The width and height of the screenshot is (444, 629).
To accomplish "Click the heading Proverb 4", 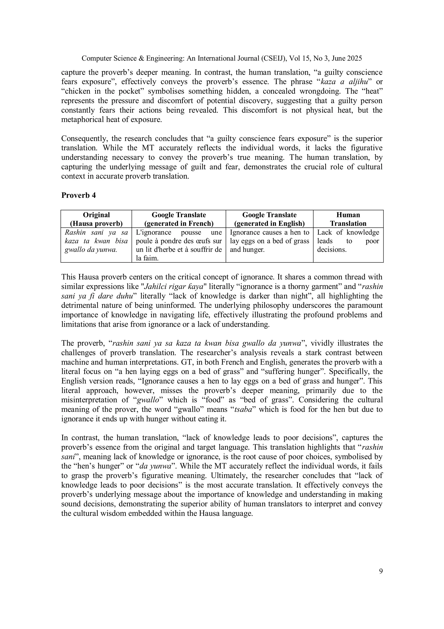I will point(78,195).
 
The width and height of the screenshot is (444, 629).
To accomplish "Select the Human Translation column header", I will point(348,219).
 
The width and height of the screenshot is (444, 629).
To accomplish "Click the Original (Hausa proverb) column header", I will point(96,219).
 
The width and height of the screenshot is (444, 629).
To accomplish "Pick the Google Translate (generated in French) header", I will point(179,219).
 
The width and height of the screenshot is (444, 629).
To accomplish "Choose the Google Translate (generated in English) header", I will point(269,219).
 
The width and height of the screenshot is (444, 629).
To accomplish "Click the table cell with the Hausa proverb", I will point(96,241).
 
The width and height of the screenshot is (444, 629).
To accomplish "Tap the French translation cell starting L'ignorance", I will point(179,245).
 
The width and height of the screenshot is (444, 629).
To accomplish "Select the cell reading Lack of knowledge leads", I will point(348,241).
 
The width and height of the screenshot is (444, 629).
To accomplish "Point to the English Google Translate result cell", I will point(269,241).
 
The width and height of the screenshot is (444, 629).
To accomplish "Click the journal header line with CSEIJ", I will point(222,58).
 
